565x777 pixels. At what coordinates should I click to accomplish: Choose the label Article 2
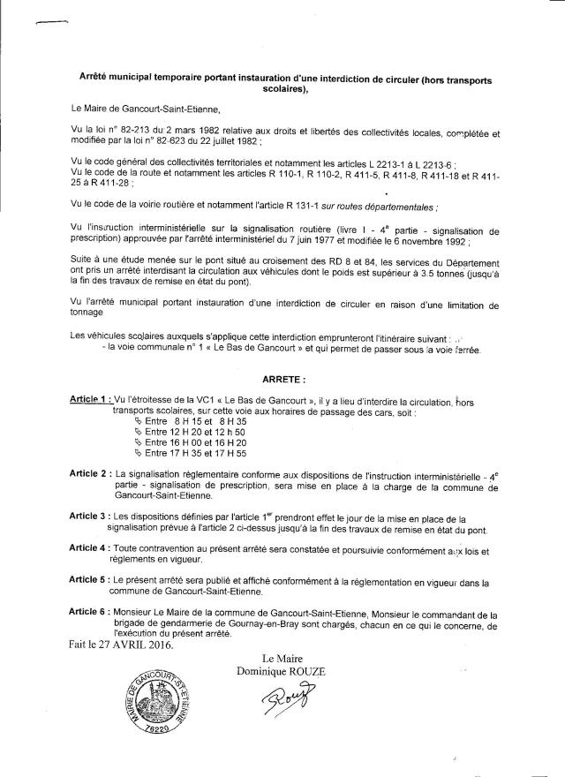(x=90, y=474)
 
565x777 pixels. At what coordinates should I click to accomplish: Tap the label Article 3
(x=90, y=515)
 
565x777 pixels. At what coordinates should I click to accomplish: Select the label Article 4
(x=90, y=548)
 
